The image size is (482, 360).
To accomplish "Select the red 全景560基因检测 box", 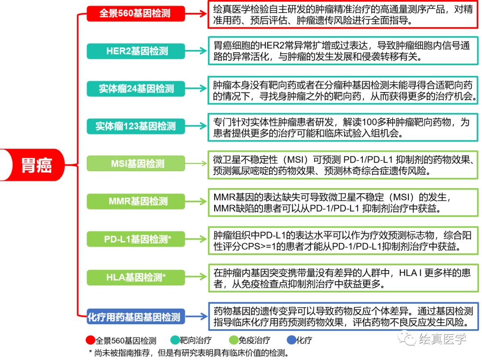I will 135,13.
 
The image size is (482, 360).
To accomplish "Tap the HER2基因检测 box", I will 135,51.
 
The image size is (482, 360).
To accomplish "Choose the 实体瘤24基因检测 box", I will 135,88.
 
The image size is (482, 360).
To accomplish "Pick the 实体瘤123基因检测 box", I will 135,126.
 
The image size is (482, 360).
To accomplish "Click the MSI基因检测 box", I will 135,163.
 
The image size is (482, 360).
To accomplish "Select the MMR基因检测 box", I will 135,201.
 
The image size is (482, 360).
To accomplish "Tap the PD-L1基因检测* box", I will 135,239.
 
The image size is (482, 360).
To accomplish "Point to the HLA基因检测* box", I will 135,277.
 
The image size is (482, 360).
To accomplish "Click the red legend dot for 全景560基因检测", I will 91,340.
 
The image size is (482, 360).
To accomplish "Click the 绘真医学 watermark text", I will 442,339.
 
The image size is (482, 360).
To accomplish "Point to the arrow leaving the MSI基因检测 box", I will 196,163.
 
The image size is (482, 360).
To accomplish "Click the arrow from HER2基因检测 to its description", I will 196,51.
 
